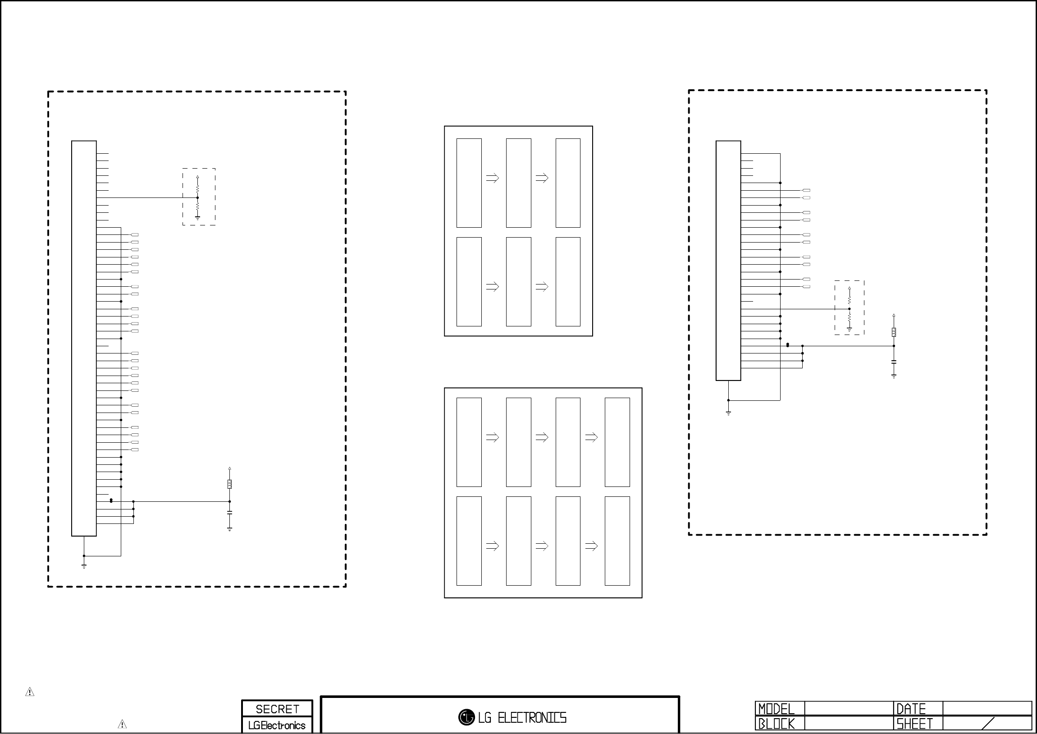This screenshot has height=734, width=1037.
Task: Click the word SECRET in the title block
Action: (277, 709)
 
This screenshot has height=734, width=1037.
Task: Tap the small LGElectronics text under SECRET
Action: (277, 725)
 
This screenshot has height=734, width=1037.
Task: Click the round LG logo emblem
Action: (466, 717)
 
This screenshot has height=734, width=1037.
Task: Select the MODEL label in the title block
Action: (776, 709)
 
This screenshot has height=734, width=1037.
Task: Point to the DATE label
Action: (910, 709)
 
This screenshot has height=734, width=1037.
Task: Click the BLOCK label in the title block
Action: (776, 724)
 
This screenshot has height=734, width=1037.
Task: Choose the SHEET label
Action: (914, 724)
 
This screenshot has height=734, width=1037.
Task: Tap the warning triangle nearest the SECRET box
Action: (122, 724)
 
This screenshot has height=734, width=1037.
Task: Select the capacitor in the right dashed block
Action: (894, 362)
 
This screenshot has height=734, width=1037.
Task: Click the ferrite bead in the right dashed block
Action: (894, 332)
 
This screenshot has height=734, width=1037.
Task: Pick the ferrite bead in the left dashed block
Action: (229, 485)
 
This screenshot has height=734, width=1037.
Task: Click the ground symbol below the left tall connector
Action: (84, 565)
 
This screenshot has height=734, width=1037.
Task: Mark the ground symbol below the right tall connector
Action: (729, 412)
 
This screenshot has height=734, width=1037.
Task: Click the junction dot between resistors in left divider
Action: (197, 197)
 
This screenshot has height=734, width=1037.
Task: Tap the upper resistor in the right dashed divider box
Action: (849, 299)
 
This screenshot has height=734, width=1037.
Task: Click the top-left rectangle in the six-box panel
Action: (469, 183)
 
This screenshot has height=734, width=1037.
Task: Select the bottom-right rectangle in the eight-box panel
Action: (617, 541)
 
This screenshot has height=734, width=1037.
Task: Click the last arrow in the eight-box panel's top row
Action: (591, 437)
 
